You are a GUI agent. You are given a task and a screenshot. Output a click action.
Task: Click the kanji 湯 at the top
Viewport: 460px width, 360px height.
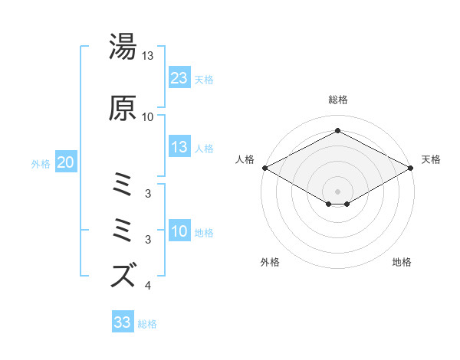pyautogui.click(x=124, y=47)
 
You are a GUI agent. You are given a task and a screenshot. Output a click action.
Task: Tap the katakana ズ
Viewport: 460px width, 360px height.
pyautogui.click(x=124, y=274)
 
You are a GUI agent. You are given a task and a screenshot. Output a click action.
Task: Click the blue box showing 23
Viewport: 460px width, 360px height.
pyautogui.click(x=179, y=78)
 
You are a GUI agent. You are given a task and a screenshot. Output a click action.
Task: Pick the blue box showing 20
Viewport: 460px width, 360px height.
pyautogui.click(x=66, y=162)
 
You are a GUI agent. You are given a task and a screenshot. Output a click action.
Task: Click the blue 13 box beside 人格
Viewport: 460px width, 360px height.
pyautogui.click(x=179, y=148)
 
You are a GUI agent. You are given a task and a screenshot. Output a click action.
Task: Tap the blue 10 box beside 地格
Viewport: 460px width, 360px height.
pyautogui.click(x=179, y=232)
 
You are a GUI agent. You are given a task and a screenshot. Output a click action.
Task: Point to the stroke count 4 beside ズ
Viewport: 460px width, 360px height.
pyautogui.click(x=148, y=286)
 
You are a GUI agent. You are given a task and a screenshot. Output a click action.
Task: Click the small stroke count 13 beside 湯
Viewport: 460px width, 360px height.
pyautogui.click(x=148, y=56)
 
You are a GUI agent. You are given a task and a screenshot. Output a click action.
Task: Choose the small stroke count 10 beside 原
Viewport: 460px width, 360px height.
pyautogui.click(x=148, y=116)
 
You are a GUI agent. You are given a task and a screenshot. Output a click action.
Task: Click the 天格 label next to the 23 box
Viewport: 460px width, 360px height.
pyautogui.click(x=203, y=79)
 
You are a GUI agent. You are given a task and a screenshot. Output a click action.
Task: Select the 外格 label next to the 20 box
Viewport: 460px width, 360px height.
pyautogui.click(x=41, y=163)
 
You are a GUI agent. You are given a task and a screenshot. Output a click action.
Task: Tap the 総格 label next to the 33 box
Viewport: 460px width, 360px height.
pyautogui.click(x=147, y=323)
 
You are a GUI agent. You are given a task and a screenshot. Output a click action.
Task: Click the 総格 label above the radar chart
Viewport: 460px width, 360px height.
pyautogui.click(x=337, y=100)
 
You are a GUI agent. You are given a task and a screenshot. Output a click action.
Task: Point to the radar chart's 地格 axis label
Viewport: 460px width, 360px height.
pyautogui.click(x=402, y=262)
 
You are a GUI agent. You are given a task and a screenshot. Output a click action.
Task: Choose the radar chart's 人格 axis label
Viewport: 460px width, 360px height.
pyautogui.click(x=245, y=159)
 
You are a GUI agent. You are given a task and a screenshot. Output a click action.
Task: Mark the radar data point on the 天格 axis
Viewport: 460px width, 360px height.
pyautogui.click(x=411, y=168)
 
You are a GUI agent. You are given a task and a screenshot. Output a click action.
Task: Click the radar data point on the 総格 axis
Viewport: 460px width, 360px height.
pyautogui.click(x=337, y=131)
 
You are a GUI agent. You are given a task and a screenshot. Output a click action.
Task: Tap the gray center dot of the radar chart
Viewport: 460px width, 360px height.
pyautogui.click(x=337, y=190)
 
